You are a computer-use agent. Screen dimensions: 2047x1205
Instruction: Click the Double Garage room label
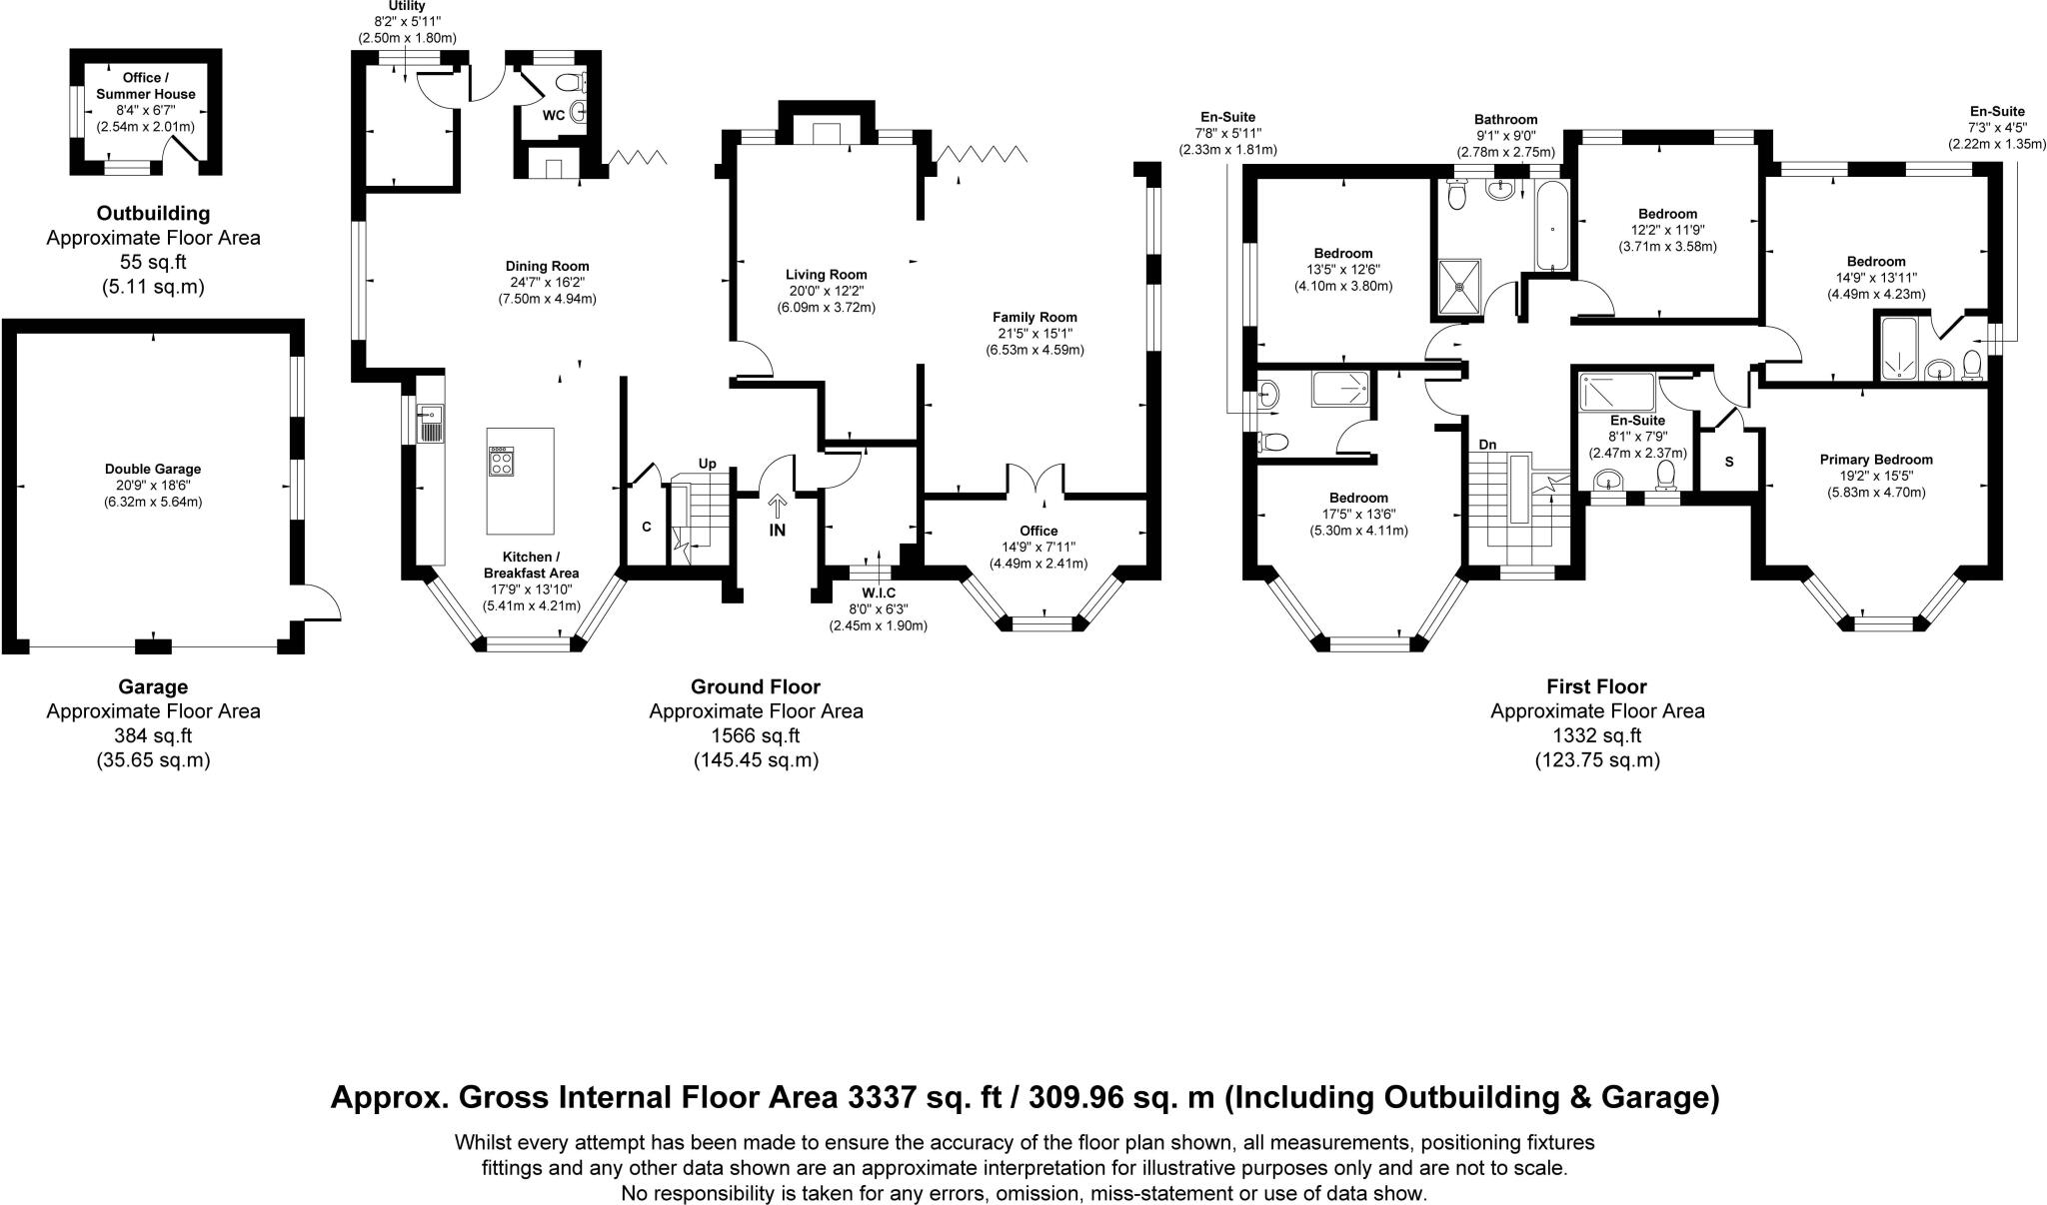[153, 469]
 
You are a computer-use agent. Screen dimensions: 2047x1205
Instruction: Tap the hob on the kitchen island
[501, 461]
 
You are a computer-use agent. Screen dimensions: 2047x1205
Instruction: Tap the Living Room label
[826, 275]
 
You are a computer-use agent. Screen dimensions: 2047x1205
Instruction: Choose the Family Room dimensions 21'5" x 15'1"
[1034, 334]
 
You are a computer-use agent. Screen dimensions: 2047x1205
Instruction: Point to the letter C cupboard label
[647, 527]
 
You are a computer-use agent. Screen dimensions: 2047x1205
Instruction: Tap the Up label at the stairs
[708, 464]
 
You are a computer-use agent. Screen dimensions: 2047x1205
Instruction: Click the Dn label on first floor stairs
[1487, 445]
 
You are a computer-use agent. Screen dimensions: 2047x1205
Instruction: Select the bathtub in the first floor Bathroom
[1551, 227]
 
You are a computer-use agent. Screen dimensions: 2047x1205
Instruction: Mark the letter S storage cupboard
[1729, 463]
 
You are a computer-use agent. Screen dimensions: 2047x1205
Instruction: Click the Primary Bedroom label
[1876, 460]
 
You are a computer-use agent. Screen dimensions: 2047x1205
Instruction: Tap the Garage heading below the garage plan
[153, 686]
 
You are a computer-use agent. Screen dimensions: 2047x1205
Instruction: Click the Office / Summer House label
[146, 86]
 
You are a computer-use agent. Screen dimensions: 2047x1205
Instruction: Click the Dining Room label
[547, 267]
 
